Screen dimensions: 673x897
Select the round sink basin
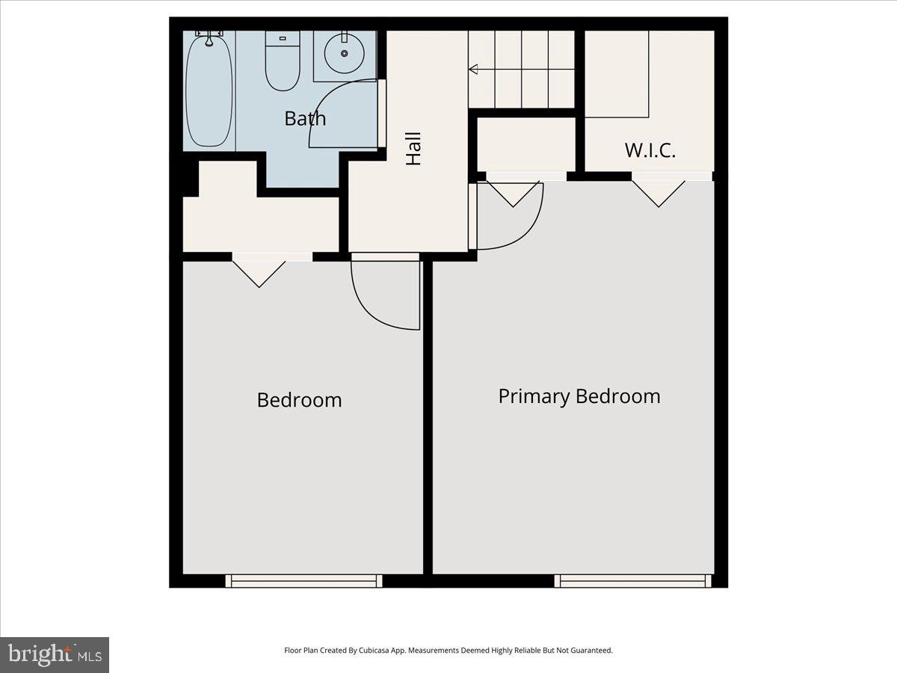pyautogui.click(x=345, y=53)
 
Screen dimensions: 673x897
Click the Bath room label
pyautogui.click(x=305, y=118)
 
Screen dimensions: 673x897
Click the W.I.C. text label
pyautogui.click(x=650, y=150)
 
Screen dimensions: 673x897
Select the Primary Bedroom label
pyautogui.click(x=579, y=396)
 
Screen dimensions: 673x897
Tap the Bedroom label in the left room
pyautogui.click(x=299, y=399)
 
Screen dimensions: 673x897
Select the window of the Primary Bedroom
pyautogui.click(x=632, y=580)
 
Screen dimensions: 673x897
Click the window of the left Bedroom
pyautogui.click(x=303, y=580)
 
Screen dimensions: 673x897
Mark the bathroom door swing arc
pyautogui.click(x=336, y=112)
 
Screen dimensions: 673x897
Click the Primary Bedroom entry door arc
pyautogui.click(x=516, y=224)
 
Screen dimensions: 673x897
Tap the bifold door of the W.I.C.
pyautogui.click(x=659, y=191)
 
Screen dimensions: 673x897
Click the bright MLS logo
pyautogui.click(x=55, y=654)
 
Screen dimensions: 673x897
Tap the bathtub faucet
pyautogui.click(x=209, y=34)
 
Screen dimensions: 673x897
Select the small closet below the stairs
pyautogui.click(x=526, y=144)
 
